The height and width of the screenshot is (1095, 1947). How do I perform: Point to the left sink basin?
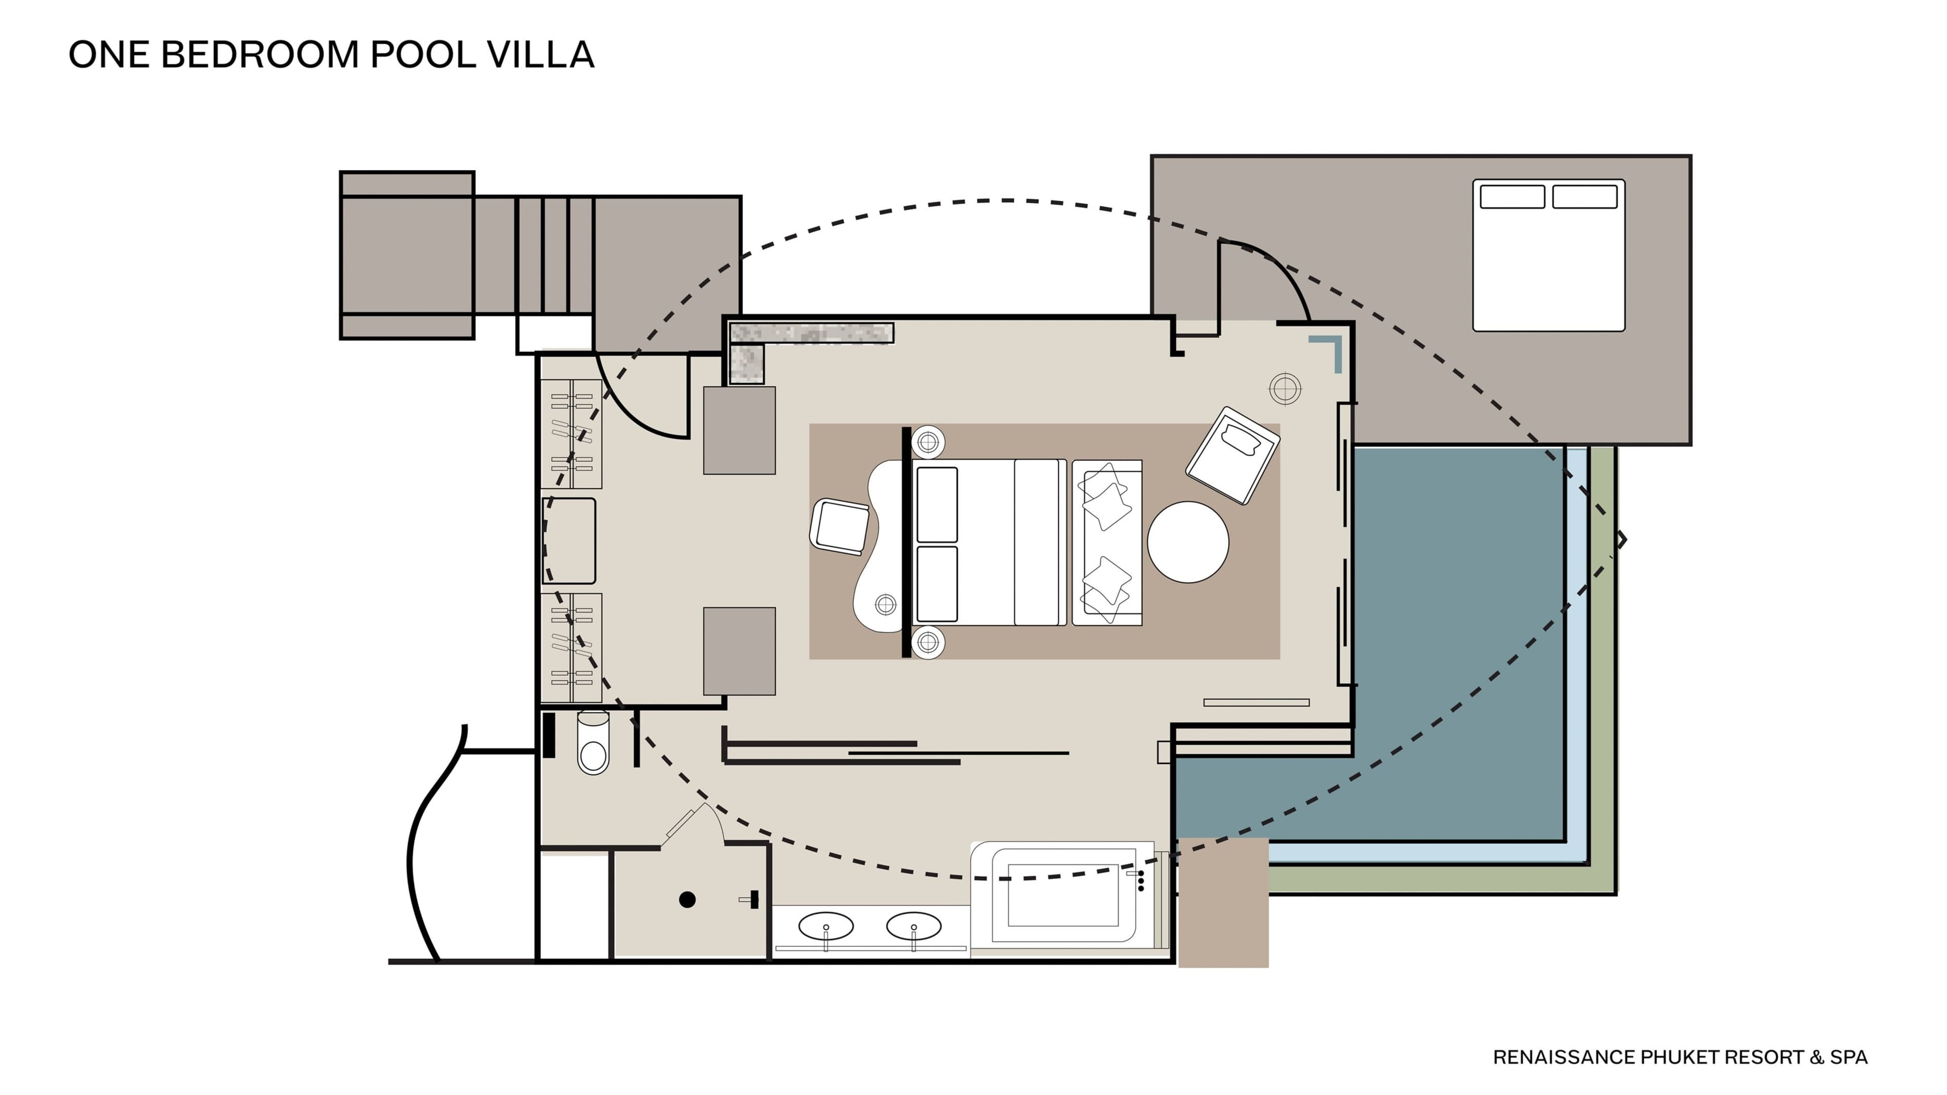pos(826,926)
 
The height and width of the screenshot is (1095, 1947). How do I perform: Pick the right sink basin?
pos(914,926)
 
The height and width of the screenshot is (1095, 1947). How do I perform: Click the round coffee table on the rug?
pos(1188,542)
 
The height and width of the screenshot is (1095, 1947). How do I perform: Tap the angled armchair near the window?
pos(1233,456)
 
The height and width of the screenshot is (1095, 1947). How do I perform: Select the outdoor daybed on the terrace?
pos(1548,255)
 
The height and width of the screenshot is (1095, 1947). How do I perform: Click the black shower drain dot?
pos(687,899)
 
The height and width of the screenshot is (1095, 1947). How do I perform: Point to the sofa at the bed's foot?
pos(1107,542)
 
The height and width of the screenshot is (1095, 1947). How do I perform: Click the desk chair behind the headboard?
pos(839,527)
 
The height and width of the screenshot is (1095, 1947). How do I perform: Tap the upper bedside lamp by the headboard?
pos(928,442)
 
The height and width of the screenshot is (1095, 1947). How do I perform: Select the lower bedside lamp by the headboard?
pos(928,642)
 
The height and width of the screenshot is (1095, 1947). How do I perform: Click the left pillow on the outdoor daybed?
pos(1511,197)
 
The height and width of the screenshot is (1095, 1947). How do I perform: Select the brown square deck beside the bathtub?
pos(1223,902)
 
